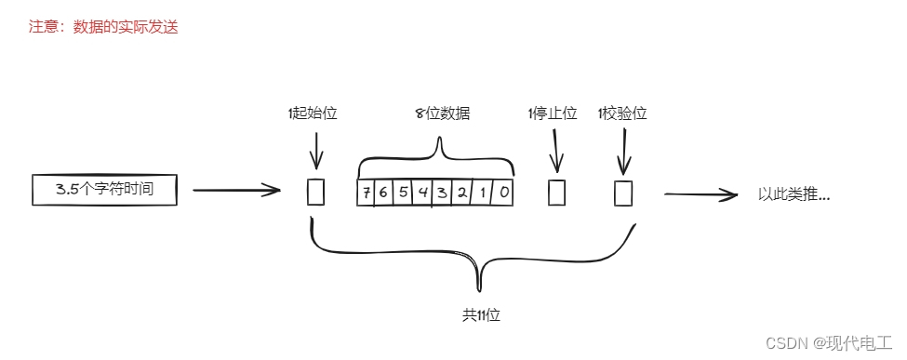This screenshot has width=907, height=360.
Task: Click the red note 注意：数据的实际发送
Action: pos(103,27)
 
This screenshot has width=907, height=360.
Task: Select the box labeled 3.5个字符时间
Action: pos(104,191)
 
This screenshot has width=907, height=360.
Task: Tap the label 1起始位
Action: pos(312,113)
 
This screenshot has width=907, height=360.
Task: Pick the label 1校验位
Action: pos(621,113)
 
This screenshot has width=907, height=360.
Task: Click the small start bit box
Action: pos(315,192)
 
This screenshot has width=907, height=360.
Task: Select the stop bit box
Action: pos(556,193)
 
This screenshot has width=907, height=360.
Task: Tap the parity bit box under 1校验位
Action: pos(622,193)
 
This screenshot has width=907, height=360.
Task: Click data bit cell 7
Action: pos(367,193)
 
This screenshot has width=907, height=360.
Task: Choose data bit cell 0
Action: pos(502,193)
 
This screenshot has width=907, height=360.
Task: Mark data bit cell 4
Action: pos(423,193)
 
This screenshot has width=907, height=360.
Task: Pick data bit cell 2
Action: pos(462,193)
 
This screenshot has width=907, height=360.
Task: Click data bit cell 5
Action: pos(404,193)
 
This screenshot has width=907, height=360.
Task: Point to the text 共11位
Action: pos(481,315)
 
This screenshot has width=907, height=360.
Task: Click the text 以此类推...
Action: pos(794,194)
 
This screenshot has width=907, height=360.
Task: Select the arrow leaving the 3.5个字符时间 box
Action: pos(236,191)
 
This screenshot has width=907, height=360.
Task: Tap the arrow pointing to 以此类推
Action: pos(701,194)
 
